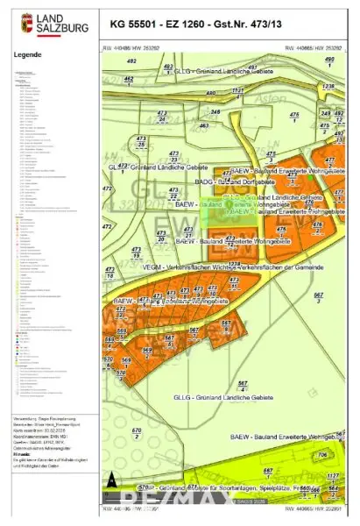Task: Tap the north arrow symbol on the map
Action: (111, 480)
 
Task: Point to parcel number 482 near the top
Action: (132, 61)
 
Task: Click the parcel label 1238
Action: (328, 88)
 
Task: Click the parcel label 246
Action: (325, 113)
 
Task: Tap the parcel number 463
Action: (203, 125)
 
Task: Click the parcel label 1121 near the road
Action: (236, 90)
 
